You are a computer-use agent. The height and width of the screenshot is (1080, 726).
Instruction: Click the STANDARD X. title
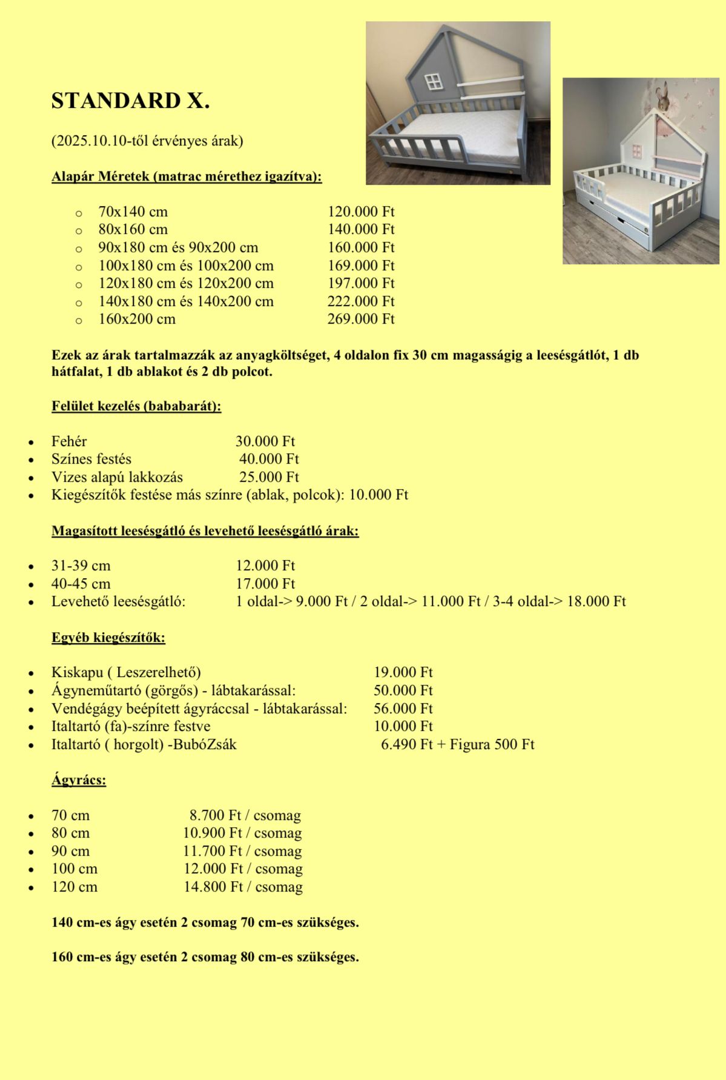coord(130,101)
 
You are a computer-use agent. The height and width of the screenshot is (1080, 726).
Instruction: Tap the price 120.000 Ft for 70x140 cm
coord(361,212)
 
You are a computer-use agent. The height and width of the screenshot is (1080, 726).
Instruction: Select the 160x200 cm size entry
coord(137,319)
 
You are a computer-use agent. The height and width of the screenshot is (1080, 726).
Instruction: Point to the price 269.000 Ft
coord(361,319)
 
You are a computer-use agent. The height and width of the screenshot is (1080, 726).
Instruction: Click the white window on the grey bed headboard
coord(434,82)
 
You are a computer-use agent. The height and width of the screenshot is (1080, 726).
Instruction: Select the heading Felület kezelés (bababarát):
coord(136,406)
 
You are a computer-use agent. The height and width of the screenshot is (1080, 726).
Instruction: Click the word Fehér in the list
coord(69,441)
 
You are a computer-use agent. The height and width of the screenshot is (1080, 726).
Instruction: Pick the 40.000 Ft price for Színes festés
coord(269,459)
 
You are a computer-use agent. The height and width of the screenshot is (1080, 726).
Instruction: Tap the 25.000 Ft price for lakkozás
coord(269,477)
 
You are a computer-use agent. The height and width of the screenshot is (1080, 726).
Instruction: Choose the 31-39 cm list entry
coord(81,566)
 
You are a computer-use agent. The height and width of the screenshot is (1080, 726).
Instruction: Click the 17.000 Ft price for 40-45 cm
coord(265,584)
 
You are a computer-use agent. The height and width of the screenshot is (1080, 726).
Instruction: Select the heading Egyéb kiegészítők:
coord(108,638)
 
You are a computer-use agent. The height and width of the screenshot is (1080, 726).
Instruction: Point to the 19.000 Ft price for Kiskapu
coord(403,672)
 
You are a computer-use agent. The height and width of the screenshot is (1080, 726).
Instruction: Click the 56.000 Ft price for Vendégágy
coord(403,708)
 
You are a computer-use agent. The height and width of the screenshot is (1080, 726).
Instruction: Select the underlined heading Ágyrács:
coord(79,780)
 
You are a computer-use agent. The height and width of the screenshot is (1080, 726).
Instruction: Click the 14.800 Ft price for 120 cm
coord(213,887)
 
